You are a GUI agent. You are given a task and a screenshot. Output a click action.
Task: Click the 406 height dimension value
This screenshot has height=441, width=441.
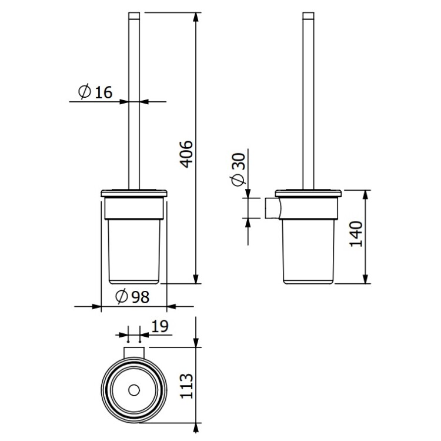186,154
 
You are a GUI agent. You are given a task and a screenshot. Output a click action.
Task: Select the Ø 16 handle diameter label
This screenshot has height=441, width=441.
95,91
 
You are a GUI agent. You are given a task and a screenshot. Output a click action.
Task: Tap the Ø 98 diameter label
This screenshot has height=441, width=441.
132,297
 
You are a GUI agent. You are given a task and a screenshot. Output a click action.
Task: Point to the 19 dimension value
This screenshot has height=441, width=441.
160,326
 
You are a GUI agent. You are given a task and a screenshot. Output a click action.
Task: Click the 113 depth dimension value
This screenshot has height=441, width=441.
186,386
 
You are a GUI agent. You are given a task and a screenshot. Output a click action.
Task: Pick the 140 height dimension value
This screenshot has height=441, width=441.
356,234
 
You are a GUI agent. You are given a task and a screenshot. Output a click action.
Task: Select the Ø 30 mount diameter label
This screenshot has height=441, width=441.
239,170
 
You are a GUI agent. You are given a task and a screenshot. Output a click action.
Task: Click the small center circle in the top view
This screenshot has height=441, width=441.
134,390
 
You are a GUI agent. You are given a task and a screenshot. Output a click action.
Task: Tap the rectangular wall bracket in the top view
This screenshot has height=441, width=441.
134,353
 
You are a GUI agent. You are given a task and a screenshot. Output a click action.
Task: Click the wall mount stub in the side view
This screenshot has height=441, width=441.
272,208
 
